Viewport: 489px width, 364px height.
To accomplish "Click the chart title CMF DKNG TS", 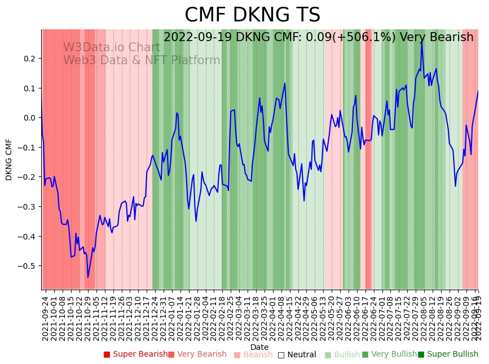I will [252, 15].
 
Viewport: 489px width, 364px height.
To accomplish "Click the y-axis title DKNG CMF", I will [9, 159].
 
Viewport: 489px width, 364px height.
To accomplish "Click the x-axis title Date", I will [259, 347].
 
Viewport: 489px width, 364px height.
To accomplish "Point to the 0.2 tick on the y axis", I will [29, 59].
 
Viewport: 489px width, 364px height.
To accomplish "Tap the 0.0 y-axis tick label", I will [29, 118].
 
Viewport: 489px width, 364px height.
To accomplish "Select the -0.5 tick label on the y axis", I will [27, 266].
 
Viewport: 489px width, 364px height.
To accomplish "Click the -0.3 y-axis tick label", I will [27, 207].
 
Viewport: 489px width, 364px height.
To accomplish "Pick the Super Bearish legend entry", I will [135, 354].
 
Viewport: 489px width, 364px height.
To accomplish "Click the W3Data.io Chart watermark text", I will [112, 47].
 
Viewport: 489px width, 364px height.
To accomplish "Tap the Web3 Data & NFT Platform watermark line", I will [142, 60].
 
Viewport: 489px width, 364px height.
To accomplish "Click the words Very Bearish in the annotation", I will [437, 38].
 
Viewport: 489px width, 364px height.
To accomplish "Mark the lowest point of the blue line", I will [87, 277].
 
